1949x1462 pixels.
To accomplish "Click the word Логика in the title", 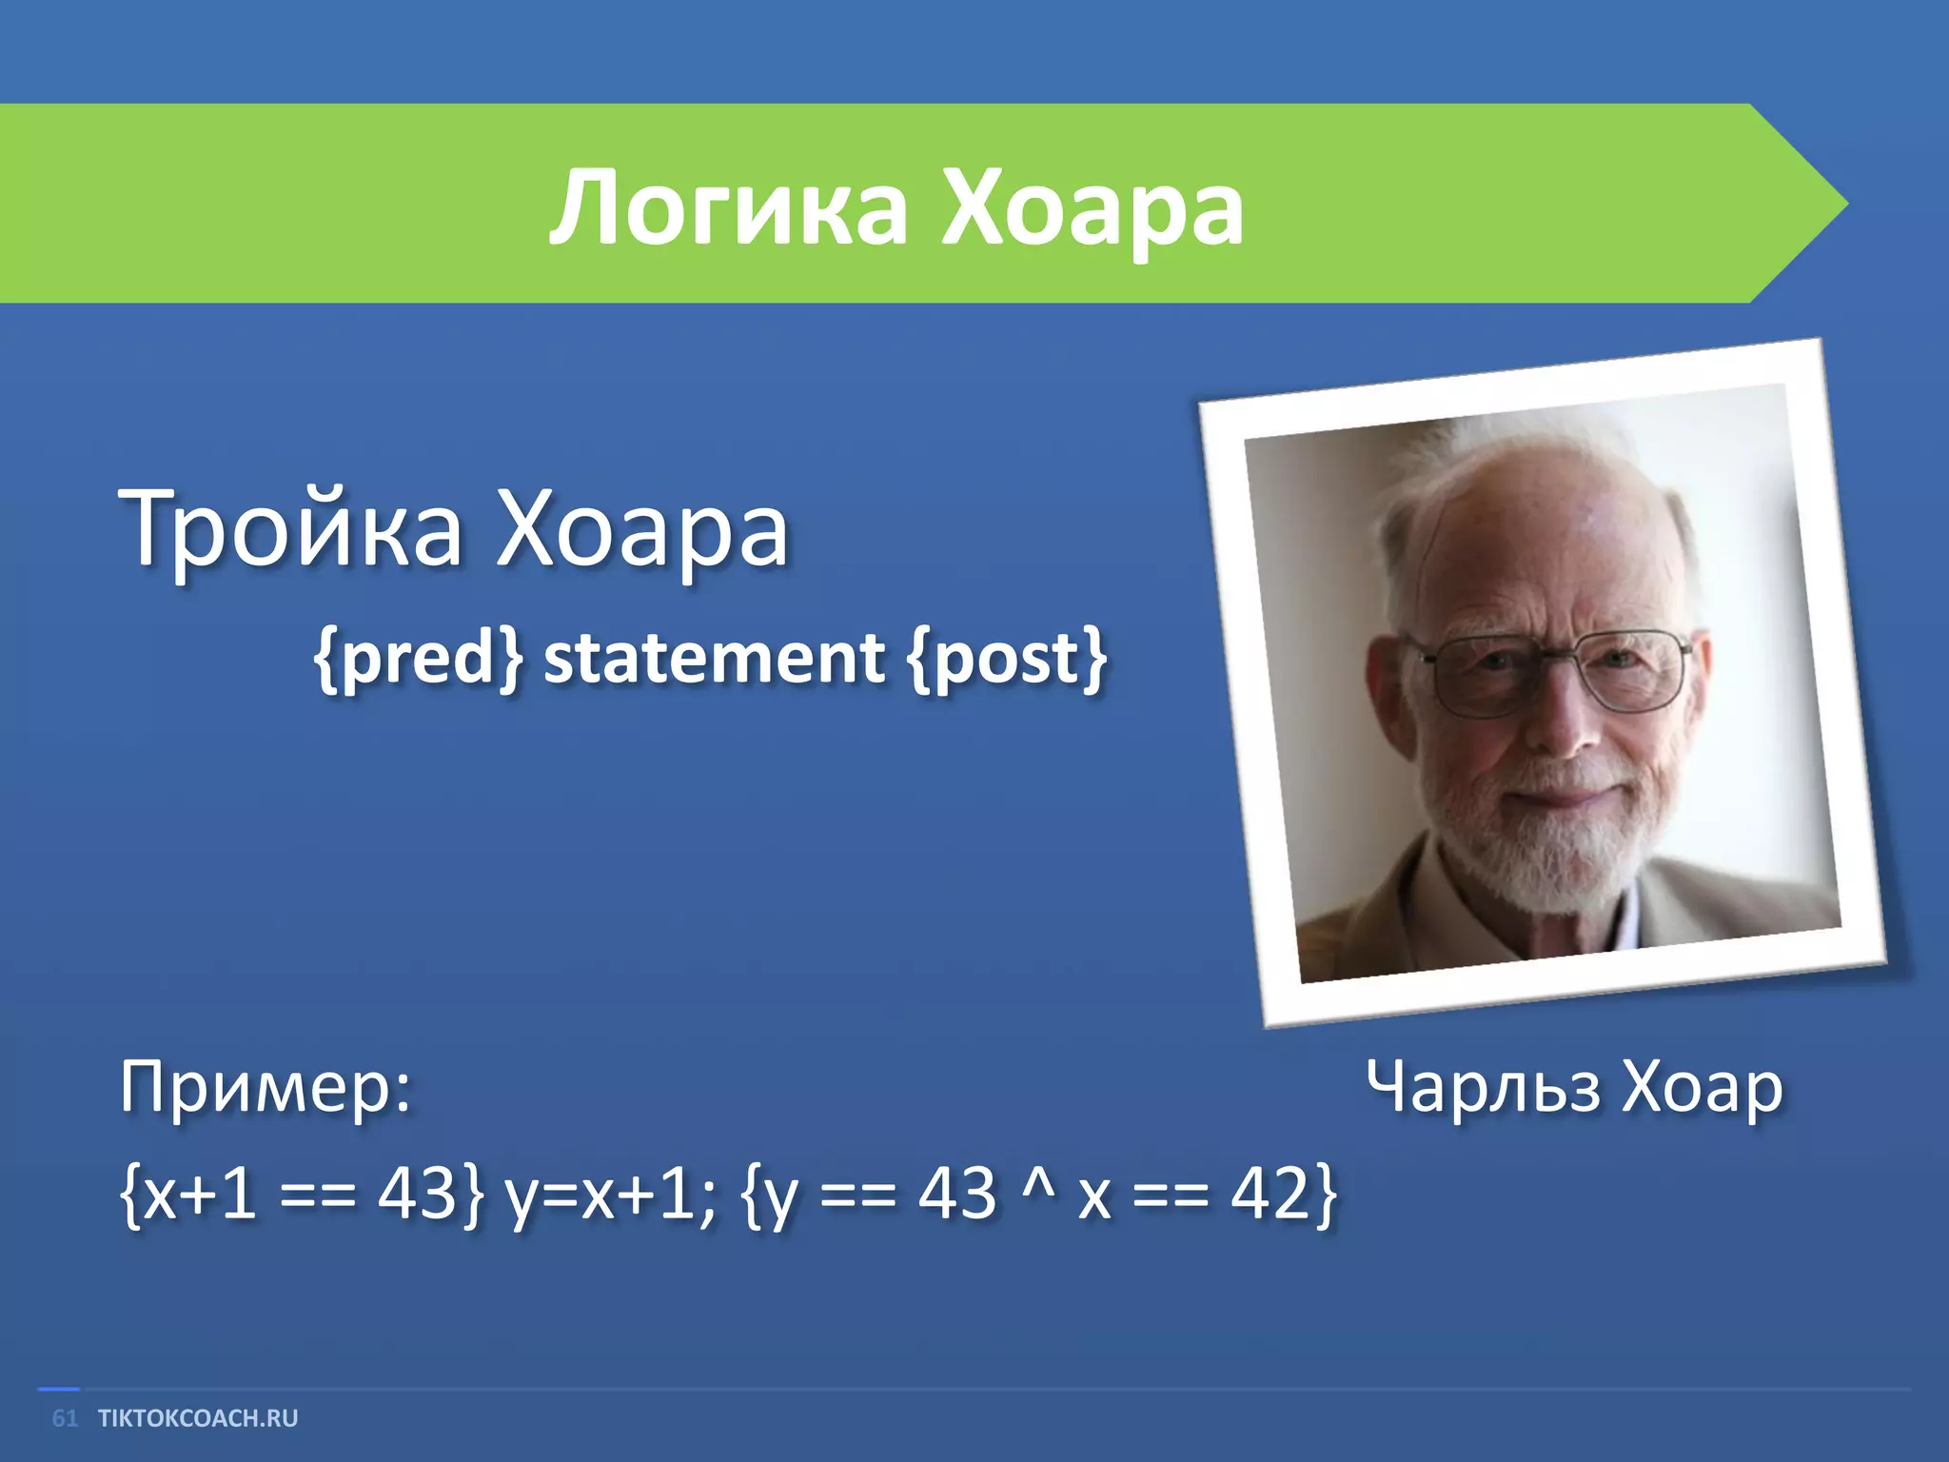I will [728, 207].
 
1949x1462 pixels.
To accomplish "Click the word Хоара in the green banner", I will [1092, 207].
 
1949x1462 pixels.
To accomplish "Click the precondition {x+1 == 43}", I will [301, 1193].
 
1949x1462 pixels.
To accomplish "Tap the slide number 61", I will [65, 1418].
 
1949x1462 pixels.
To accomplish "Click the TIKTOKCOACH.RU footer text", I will [198, 1418].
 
